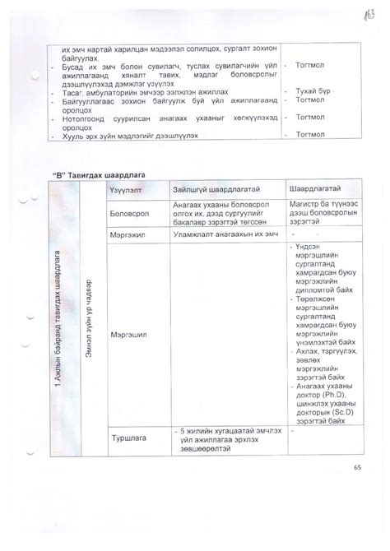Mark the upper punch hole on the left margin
[33, 76]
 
